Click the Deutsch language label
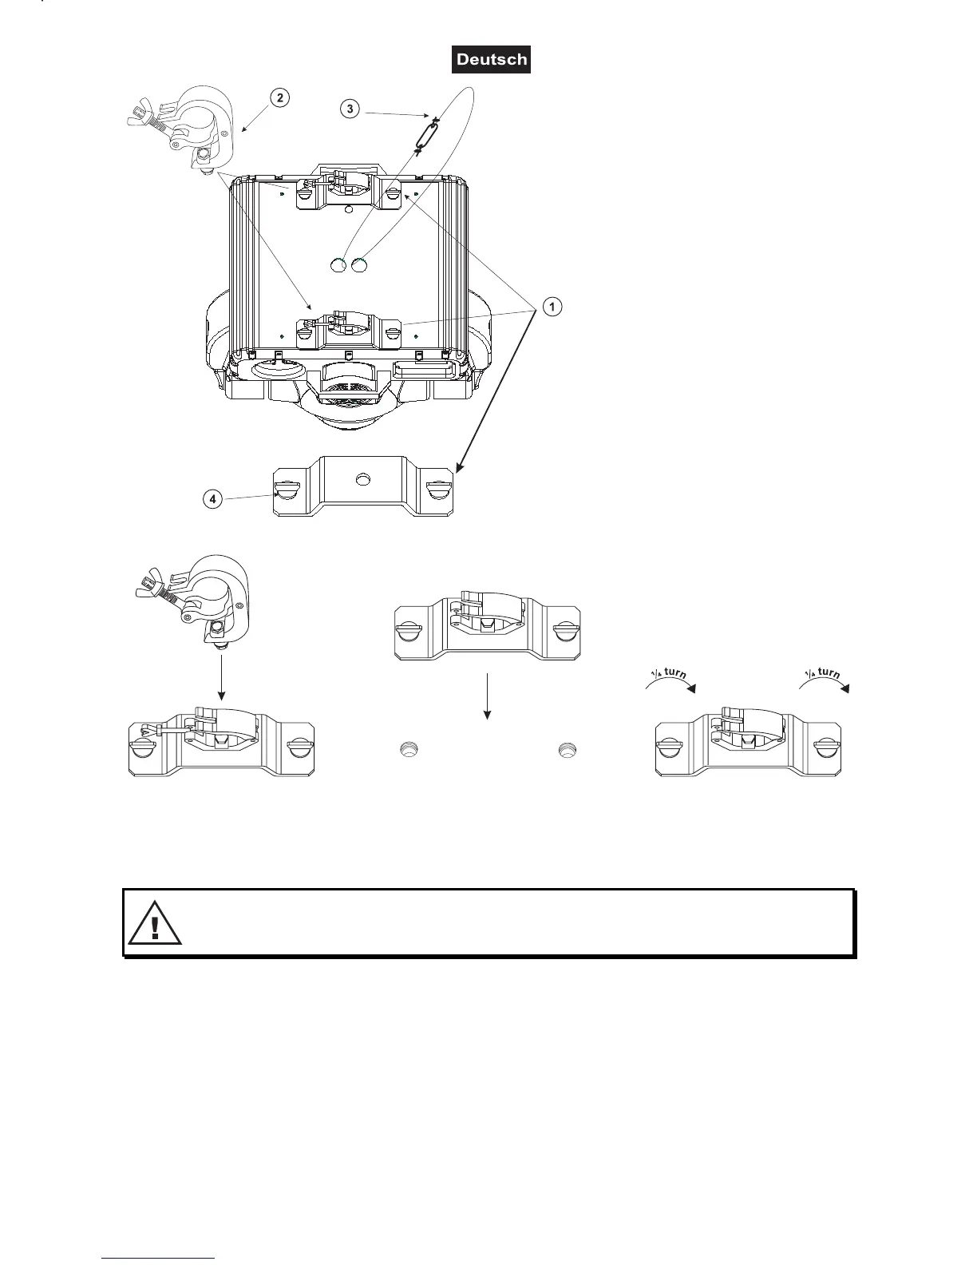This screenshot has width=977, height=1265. [x=491, y=60]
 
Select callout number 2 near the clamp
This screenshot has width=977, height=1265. [x=279, y=98]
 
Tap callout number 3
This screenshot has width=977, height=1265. [x=350, y=109]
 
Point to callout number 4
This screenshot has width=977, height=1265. [x=212, y=499]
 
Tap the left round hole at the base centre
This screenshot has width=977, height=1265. [x=338, y=264]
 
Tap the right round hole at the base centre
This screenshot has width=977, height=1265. [x=359, y=264]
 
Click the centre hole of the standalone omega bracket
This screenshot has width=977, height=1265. [x=363, y=479]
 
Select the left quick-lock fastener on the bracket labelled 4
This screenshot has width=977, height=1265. [x=287, y=490]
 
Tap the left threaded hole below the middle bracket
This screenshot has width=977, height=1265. [x=409, y=750]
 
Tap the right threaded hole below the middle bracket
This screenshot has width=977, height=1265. [x=568, y=750]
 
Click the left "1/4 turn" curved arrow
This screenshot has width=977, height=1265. [x=670, y=679]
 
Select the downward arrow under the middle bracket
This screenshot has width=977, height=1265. [x=486, y=696]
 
